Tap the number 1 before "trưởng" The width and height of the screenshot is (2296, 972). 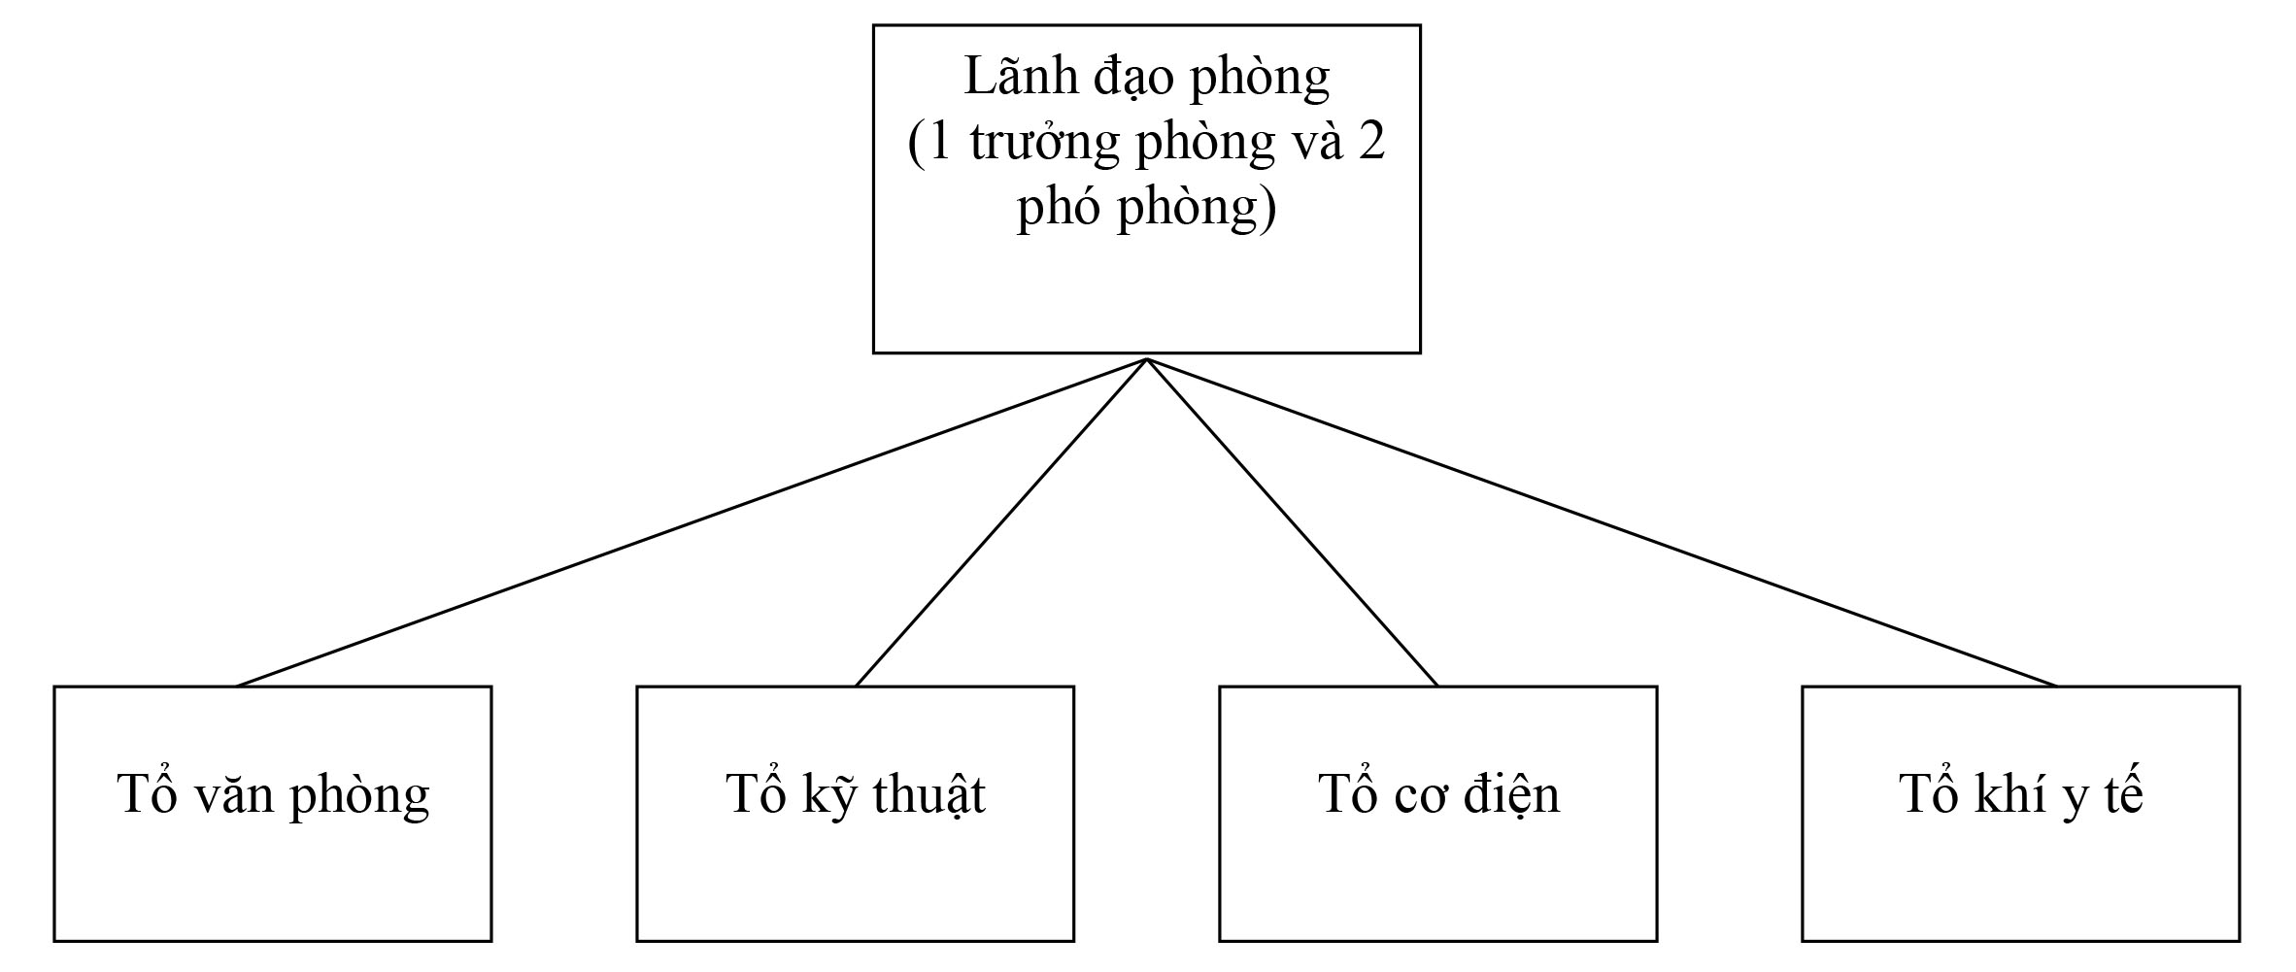point(938,143)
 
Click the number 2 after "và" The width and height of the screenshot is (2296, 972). point(1370,143)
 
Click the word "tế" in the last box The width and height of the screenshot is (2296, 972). point(2123,794)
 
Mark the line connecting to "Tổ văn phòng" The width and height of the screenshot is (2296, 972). point(691,522)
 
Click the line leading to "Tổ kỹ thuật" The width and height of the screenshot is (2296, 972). point(1000,522)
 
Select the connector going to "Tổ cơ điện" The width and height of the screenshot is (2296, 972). point(1292,522)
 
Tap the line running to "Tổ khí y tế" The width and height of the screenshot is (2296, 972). point(1603,522)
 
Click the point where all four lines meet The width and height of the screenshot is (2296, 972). point(1147,359)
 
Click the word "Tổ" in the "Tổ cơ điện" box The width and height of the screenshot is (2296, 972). point(1344,794)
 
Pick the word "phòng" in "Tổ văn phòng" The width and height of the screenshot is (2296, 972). point(359,794)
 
